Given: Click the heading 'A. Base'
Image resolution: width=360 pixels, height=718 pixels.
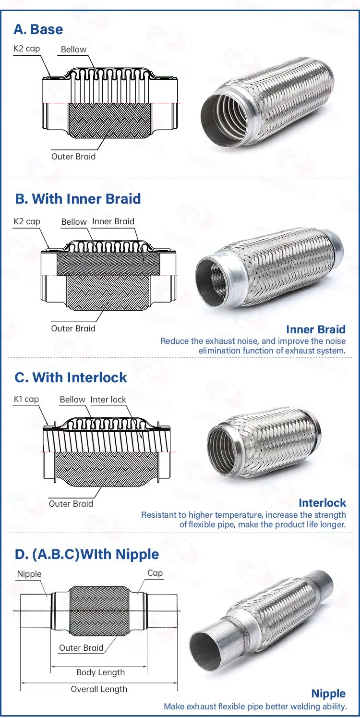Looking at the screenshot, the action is pyautogui.click(x=38, y=29).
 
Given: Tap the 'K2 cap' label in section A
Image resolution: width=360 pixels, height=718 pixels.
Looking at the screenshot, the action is pyautogui.click(x=26, y=49).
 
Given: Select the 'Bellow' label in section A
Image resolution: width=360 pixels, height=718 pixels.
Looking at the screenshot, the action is pyautogui.click(x=73, y=49).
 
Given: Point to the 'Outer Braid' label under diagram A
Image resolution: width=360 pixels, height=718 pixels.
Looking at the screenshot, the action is pyautogui.click(x=73, y=157).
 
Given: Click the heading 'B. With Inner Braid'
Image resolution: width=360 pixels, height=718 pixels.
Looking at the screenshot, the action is pyautogui.click(x=78, y=199).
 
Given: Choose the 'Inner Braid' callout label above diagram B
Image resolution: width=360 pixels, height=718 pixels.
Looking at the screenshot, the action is pyautogui.click(x=113, y=221).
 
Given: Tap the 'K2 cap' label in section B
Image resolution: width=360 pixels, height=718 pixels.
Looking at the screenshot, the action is pyautogui.click(x=27, y=221).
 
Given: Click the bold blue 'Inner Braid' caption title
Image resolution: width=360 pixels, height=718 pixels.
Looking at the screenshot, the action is pyautogui.click(x=316, y=329).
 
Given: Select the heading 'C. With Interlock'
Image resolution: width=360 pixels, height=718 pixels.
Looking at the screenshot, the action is pyautogui.click(x=71, y=377).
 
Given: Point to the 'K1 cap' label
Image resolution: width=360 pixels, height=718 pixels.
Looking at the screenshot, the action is pyautogui.click(x=26, y=400).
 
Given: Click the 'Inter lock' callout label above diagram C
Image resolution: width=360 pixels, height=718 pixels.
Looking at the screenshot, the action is pyautogui.click(x=108, y=400).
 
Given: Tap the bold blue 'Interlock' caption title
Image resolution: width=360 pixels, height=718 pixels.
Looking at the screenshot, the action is pyautogui.click(x=322, y=503).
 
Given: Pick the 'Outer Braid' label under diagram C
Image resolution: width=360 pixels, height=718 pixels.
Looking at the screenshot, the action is pyautogui.click(x=71, y=504).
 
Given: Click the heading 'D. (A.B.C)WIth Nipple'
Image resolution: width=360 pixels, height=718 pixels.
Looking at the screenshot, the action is pyautogui.click(x=87, y=554).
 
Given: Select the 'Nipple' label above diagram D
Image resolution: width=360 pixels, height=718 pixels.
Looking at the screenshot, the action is pyautogui.click(x=29, y=574).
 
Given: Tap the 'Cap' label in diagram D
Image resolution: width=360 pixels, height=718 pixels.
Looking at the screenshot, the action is pyautogui.click(x=155, y=573).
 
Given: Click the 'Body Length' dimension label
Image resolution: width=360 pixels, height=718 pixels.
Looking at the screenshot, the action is pyautogui.click(x=101, y=672).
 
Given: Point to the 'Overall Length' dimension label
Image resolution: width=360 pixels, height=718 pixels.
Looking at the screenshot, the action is pyautogui.click(x=99, y=689).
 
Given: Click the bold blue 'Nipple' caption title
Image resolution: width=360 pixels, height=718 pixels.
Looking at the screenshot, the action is pyautogui.click(x=328, y=694).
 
